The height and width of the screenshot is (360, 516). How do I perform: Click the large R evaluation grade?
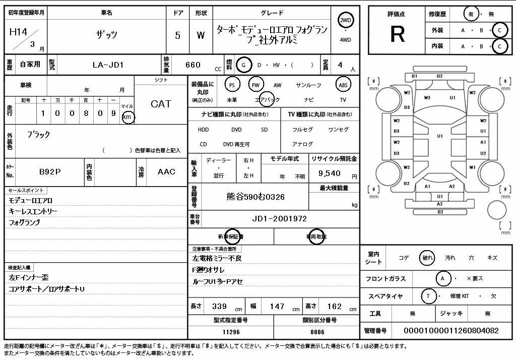coord(397,34)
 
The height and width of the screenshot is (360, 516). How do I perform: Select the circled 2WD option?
coord(345,21)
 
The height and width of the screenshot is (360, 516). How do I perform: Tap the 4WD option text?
coord(345,40)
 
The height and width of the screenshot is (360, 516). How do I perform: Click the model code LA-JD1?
coord(108,65)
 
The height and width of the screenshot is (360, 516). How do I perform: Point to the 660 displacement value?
coord(193,65)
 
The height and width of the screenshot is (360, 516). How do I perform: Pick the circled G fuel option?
coord(243,65)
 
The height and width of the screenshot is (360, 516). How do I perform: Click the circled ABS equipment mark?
coord(343,85)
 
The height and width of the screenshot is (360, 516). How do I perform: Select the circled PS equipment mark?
coord(232,85)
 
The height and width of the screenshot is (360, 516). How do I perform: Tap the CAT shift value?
coord(161,104)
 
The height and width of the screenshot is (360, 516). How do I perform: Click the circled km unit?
coord(127,117)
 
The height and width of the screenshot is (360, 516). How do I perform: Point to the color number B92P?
coord(50,171)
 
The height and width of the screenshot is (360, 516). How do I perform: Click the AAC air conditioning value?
coord(166,171)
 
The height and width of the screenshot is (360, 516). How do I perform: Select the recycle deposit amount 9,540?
coord(329,173)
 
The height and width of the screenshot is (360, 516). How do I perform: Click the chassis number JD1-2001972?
coord(279,219)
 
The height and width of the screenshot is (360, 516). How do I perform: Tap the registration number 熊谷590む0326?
coord(255,197)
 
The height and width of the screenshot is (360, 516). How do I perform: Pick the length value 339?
coord(219,307)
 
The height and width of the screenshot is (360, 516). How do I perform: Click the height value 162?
coord(335,307)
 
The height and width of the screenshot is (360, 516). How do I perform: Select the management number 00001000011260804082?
coord(451,330)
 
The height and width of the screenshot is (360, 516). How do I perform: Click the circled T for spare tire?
coord(428,296)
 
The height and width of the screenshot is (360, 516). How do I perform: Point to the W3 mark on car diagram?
coord(427,97)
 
